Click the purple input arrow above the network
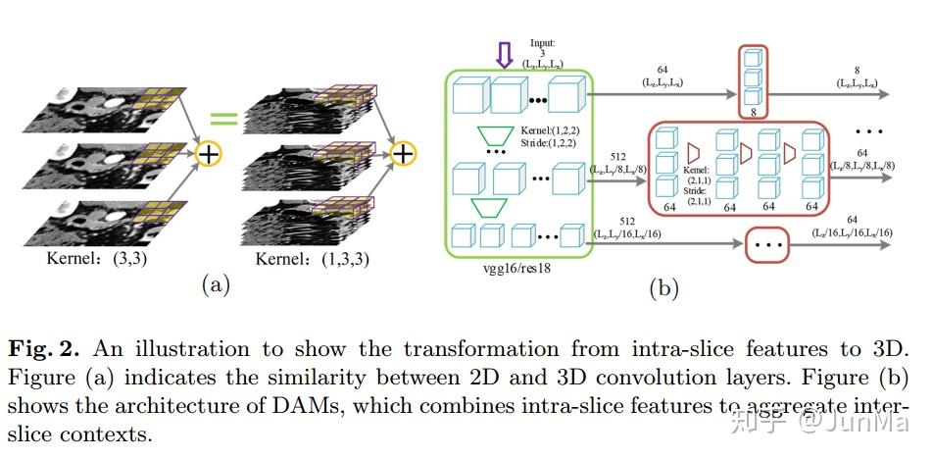pyautogui.click(x=505, y=54)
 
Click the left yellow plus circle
pyautogui.click(x=208, y=154)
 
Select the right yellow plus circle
pyautogui.click(x=403, y=154)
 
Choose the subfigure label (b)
pyautogui.click(x=663, y=287)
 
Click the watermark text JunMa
pyautogui.click(x=874, y=423)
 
